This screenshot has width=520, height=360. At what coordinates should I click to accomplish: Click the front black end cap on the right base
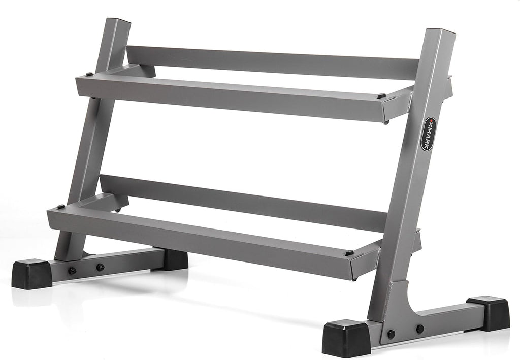pyautogui.click(x=346, y=338)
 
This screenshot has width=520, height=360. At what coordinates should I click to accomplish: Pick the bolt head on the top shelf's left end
pyautogui.click(x=89, y=74)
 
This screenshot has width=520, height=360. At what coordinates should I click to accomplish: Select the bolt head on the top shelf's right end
pyautogui.click(x=381, y=96)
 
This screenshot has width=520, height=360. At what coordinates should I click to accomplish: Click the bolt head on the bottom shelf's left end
pyautogui.click(x=61, y=207)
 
